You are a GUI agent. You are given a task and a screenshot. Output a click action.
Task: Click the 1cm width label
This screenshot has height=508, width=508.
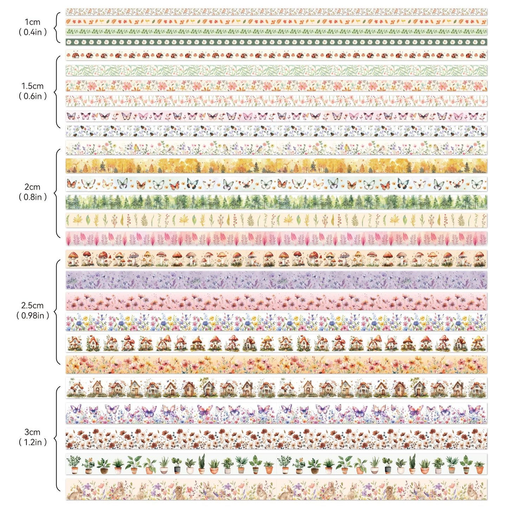(32, 22)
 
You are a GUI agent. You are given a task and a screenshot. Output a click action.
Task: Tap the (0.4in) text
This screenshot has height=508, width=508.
(32, 32)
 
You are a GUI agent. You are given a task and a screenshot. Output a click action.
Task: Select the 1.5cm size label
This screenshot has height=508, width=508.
(32, 86)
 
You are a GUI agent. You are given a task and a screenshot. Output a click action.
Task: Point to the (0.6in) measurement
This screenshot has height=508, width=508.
(32, 96)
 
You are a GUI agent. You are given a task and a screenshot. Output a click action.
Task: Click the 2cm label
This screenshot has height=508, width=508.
(32, 187)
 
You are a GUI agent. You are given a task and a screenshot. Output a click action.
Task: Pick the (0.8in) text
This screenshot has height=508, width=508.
(32, 197)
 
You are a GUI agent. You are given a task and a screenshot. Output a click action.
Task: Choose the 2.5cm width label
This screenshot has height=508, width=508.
(32, 306)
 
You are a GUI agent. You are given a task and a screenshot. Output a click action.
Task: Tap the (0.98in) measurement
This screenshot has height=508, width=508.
(32, 316)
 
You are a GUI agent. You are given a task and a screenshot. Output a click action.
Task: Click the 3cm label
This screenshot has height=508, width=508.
(32, 432)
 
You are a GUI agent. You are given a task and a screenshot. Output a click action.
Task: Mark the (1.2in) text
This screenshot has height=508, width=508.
(32, 442)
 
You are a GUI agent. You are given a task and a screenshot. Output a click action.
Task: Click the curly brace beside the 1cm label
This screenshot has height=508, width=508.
(57, 27)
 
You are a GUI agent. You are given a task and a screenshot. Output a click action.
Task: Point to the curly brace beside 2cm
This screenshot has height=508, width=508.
(57, 193)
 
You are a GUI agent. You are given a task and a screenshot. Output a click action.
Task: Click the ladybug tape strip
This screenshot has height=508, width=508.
(276, 55)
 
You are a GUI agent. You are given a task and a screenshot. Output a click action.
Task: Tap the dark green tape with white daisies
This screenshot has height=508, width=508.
(276, 42)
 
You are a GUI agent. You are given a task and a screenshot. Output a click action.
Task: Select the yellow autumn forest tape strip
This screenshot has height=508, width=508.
(276, 166)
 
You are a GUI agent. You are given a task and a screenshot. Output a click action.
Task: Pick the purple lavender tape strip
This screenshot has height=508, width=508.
(276, 280)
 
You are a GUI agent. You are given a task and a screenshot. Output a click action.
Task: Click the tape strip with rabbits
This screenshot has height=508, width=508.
(276, 489)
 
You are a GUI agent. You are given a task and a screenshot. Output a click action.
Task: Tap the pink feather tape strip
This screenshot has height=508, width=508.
(276, 239)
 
